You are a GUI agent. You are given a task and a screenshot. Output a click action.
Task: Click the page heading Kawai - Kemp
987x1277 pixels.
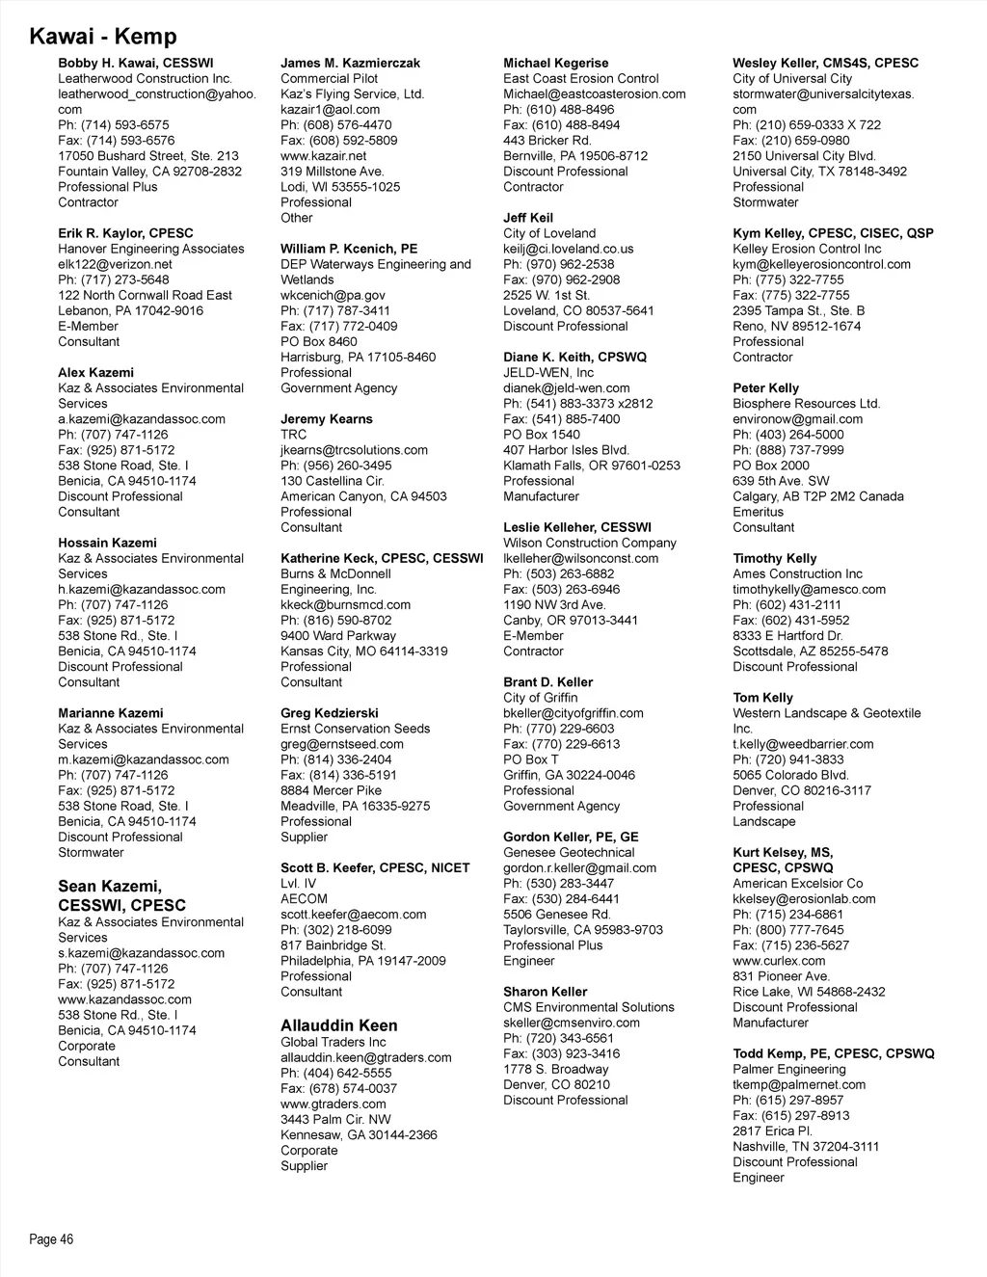coord(103,37)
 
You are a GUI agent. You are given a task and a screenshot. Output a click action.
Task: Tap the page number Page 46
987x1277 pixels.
coord(51,1239)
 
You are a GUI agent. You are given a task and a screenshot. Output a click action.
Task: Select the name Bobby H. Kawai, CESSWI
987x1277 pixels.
coord(136,64)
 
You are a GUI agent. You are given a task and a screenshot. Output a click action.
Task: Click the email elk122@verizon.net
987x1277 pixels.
coord(115,264)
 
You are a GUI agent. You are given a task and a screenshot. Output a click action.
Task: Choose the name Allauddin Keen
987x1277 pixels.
coord(339,1025)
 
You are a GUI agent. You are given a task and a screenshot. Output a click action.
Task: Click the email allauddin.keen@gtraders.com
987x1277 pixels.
coord(366,1057)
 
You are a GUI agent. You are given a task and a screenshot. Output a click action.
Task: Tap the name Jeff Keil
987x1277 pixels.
coord(528,218)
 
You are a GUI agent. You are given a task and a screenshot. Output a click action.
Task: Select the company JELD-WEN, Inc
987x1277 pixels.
coord(548,373)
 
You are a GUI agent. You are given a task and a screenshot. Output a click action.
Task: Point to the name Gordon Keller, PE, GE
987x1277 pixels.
coord(571,838)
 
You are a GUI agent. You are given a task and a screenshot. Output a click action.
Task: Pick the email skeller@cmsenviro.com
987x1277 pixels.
coord(572,1023)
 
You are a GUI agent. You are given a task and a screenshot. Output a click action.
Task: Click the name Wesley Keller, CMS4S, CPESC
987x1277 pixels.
coord(826,64)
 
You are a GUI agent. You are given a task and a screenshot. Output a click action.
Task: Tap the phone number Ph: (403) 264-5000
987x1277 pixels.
coord(787,435)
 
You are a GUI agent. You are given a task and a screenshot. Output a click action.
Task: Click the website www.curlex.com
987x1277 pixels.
coord(779,961)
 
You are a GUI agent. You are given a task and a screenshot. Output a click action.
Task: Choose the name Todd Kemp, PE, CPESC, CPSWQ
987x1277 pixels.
coord(834,1054)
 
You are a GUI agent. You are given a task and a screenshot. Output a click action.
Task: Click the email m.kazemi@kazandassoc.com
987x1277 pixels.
coord(144,759)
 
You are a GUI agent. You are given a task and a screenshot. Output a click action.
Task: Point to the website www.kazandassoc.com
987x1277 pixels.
coord(125,999)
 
